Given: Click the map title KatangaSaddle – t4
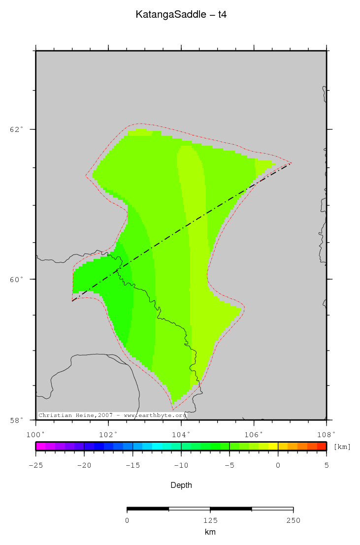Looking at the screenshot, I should coord(181,15).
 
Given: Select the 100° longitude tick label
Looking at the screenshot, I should coord(35,435).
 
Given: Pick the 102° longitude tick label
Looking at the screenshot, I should coord(108,435).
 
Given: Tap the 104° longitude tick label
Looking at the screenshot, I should coord(181,435).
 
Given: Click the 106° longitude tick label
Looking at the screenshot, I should coord(254,435).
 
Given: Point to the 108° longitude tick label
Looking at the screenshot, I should coord(326,435).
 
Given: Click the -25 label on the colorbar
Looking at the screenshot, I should coord(35,465).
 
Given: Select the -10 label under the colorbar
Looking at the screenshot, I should coord(181,465).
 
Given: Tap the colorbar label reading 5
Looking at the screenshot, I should coord(326,465).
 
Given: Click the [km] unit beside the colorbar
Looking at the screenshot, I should coord(342,447).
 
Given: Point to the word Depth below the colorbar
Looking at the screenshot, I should coord(181,485).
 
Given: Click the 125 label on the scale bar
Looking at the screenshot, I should coord(210,520).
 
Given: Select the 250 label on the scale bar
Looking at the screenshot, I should coord(293,520).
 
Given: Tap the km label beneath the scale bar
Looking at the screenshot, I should coord(210,532).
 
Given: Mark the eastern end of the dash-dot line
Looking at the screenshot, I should coord(291,163).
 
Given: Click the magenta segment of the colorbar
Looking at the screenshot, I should coord(40,447).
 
